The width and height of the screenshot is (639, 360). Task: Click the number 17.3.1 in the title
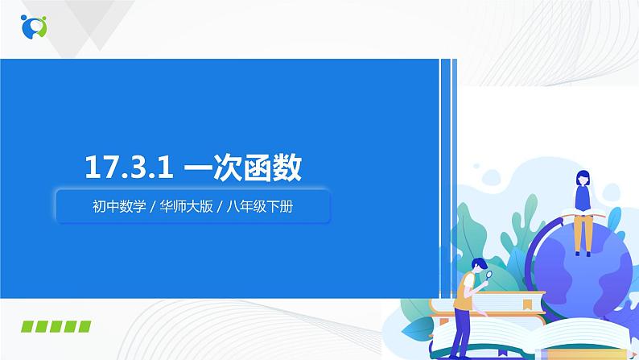130,169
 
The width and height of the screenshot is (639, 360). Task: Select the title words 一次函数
243,169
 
